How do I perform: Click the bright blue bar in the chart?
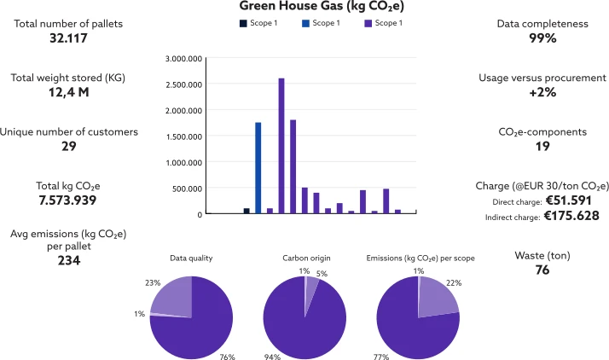258,167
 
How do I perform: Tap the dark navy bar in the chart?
246,211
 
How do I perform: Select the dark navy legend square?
243,23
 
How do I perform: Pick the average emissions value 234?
68,261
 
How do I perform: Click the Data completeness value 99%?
538,38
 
